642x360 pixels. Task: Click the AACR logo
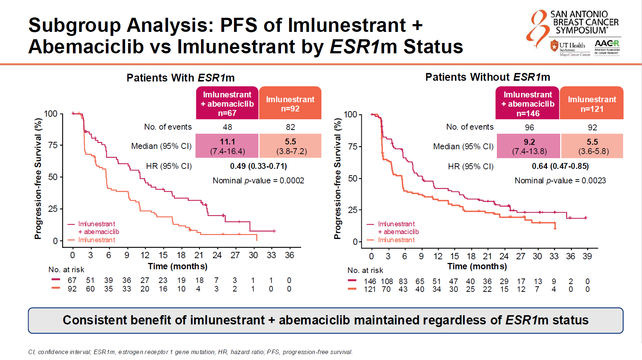tap(607, 47)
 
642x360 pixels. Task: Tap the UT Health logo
tap(570, 49)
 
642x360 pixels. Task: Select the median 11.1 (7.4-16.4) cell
tap(227, 146)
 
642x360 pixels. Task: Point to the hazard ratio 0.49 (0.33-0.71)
tap(258, 166)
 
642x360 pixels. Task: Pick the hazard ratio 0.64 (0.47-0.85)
tap(560, 166)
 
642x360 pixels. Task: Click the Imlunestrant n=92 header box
tap(290, 104)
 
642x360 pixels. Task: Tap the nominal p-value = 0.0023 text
tap(560, 180)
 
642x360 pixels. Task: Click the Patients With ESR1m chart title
tap(180, 78)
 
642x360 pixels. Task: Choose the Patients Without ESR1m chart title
tap(487, 77)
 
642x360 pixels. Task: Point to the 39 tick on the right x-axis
tap(587, 256)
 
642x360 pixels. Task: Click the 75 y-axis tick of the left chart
tap(53, 145)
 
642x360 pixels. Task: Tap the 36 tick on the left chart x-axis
tap(289, 255)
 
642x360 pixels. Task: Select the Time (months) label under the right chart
tap(477, 266)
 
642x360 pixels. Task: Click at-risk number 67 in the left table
tap(72, 280)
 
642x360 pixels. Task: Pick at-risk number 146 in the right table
tap(370, 281)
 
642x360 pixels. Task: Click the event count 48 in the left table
tap(227, 127)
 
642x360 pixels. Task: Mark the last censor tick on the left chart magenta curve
tap(274, 231)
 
